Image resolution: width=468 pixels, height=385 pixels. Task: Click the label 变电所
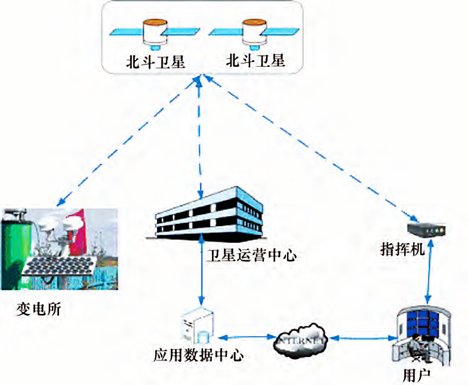point(39,310)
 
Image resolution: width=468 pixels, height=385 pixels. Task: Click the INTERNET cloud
point(301,341)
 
